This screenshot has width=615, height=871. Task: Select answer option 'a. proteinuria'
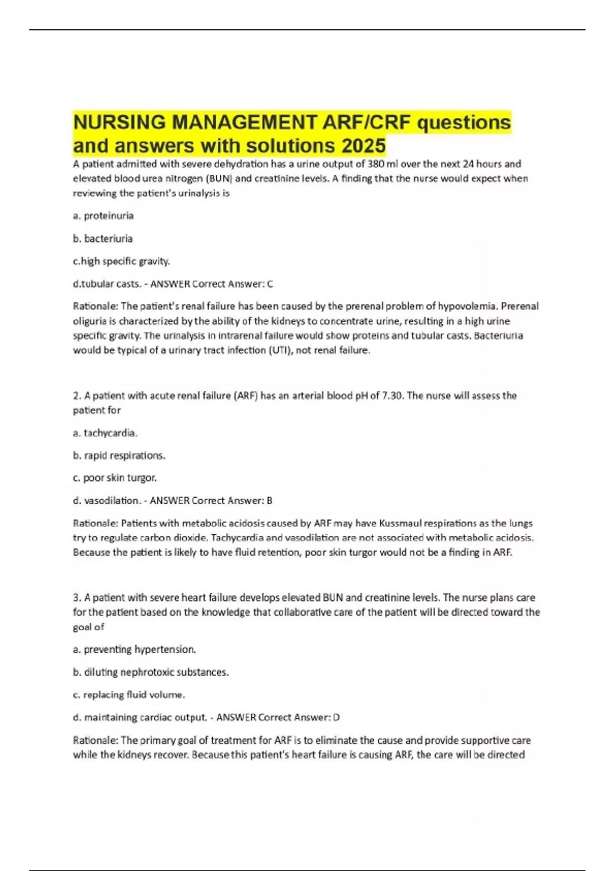pyautogui.click(x=103, y=216)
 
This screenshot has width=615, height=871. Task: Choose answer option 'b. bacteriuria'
pyautogui.click(x=102, y=238)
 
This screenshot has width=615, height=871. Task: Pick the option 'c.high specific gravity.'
pyautogui.click(x=121, y=261)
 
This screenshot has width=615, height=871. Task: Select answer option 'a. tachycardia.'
pyautogui.click(x=105, y=433)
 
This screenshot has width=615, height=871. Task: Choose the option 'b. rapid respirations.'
pyautogui.click(x=119, y=455)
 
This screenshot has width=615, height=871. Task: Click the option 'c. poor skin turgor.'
pyautogui.click(x=115, y=478)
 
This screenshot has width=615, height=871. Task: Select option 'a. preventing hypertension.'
pyautogui.click(x=134, y=650)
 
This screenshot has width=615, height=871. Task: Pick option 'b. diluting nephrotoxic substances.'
pyautogui.click(x=151, y=672)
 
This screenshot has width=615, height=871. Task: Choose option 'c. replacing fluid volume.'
pyautogui.click(x=129, y=695)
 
